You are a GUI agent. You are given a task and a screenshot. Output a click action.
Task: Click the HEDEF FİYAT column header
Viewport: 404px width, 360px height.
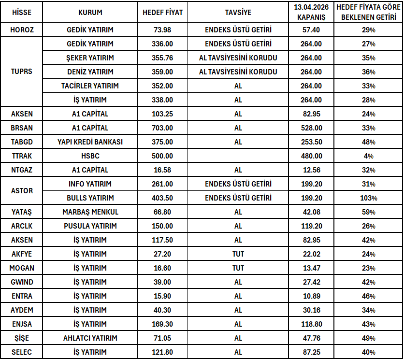(x=162, y=13)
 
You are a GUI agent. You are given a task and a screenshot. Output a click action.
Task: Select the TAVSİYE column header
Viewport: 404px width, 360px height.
(x=238, y=13)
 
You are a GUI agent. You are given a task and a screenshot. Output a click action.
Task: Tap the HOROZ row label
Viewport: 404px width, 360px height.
(x=22, y=30)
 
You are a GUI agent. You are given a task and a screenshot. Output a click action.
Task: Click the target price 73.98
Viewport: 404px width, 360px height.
(x=162, y=30)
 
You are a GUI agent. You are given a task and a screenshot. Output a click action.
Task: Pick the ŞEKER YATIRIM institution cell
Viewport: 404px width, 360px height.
(x=90, y=58)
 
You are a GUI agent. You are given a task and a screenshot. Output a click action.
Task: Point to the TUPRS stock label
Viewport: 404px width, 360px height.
(x=22, y=72)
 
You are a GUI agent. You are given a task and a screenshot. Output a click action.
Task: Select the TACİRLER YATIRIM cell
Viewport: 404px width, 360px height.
(x=90, y=86)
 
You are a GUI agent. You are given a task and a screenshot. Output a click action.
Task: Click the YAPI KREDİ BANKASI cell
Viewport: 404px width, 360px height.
(x=90, y=142)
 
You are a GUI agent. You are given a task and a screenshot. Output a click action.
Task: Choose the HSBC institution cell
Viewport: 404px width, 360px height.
(x=90, y=156)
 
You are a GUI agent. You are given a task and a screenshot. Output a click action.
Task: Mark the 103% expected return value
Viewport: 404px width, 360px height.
(x=369, y=198)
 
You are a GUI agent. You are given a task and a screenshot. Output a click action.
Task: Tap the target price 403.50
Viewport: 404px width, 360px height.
(x=162, y=198)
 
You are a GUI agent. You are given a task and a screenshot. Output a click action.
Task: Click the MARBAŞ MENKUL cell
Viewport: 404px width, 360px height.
(x=90, y=212)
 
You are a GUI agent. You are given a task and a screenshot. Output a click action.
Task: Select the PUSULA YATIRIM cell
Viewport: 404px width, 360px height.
(x=90, y=226)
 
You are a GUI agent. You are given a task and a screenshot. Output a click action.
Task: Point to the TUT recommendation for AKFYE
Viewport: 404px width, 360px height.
(x=238, y=254)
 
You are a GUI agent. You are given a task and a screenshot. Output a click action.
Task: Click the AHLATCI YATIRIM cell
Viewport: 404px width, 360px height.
(x=90, y=338)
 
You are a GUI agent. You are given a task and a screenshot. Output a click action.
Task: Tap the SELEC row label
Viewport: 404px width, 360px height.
(x=22, y=352)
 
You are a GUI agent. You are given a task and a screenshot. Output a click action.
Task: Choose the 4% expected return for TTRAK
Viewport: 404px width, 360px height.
(x=369, y=156)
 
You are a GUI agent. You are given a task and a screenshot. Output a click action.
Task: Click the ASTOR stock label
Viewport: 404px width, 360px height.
(x=22, y=191)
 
